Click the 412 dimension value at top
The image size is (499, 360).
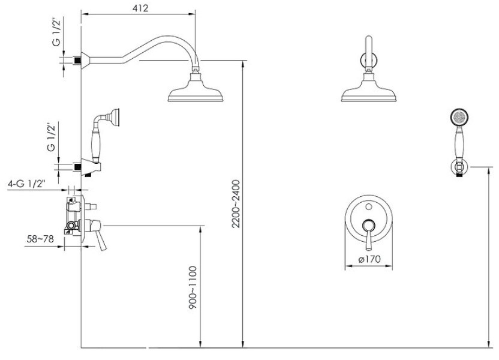tap(139, 7)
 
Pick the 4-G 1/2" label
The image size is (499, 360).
tap(27, 184)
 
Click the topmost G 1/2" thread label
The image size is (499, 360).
tap(56, 35)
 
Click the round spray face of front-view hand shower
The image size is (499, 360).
tap(458, 118)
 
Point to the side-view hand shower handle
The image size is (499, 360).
tap(95, 142)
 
